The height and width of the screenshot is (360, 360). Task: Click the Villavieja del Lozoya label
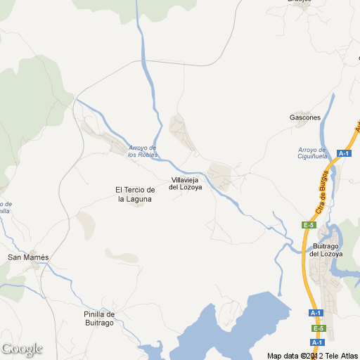186,184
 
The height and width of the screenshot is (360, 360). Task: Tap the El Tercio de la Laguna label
134,194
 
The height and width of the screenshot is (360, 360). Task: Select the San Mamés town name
28,257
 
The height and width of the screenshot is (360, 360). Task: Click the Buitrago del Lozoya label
327,250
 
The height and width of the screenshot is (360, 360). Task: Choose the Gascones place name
305,117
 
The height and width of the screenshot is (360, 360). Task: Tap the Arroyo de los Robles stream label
143,150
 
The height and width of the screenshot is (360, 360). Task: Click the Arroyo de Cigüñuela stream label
312,153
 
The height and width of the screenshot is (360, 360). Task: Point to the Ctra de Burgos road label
323,192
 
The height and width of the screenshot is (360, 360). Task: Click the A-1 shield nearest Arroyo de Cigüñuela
344,153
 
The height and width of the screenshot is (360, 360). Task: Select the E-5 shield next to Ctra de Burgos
308,225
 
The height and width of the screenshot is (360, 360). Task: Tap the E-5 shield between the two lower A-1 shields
318,328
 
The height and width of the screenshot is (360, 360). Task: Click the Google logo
22,349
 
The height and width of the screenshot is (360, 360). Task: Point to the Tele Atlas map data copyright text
313,355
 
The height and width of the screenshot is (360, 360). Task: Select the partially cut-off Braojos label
299,1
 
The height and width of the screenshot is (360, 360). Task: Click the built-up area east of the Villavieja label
219,176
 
